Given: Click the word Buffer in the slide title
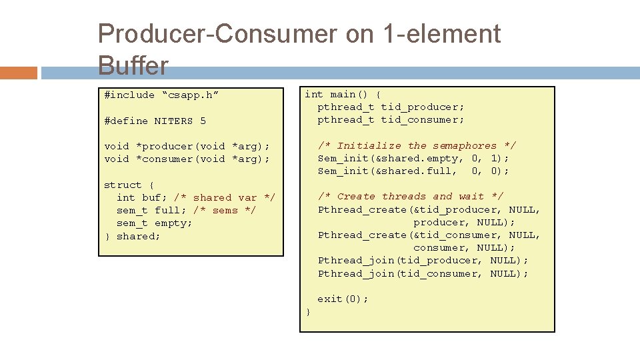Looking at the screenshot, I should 133,66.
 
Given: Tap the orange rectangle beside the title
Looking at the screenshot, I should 19,73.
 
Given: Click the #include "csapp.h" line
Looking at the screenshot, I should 161,95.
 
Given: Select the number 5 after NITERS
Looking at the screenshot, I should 203,121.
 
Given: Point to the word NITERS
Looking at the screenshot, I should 173,121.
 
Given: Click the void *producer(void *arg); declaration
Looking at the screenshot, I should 187,146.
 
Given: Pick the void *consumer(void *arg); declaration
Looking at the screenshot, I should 187,159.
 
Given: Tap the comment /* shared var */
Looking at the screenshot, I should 224,197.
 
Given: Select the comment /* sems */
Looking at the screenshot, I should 224,211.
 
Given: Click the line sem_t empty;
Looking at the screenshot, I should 154,223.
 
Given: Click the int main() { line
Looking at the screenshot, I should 343,95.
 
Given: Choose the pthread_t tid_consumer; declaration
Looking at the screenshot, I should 391,120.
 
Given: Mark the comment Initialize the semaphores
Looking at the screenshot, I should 417,145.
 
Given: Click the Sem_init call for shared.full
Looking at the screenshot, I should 413,171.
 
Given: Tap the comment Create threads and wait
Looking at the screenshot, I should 410,196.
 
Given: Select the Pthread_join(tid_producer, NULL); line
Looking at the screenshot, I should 423,261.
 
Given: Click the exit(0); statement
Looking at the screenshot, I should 343,299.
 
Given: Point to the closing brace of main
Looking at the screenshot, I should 307,312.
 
